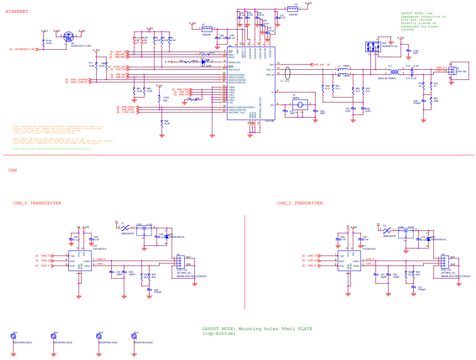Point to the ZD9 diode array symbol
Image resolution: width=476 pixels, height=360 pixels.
(x=372, y=47)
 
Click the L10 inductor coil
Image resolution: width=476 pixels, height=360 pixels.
(x=293, y=9)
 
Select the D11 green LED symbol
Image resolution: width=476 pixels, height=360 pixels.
(x=204, y=62)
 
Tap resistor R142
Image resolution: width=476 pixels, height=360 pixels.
(x=43, y=43)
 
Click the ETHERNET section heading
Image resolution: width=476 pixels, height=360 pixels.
(x=17, y=12)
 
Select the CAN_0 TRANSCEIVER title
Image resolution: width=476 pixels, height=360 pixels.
(x=37, y=203)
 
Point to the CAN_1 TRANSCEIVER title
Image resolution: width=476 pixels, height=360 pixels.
(x=300, y=203)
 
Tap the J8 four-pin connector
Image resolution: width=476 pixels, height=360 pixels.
(x=179, y=262)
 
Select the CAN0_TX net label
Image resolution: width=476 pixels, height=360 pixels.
(x=46, y=256)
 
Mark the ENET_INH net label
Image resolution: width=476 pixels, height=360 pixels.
(x=319, y=65)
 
